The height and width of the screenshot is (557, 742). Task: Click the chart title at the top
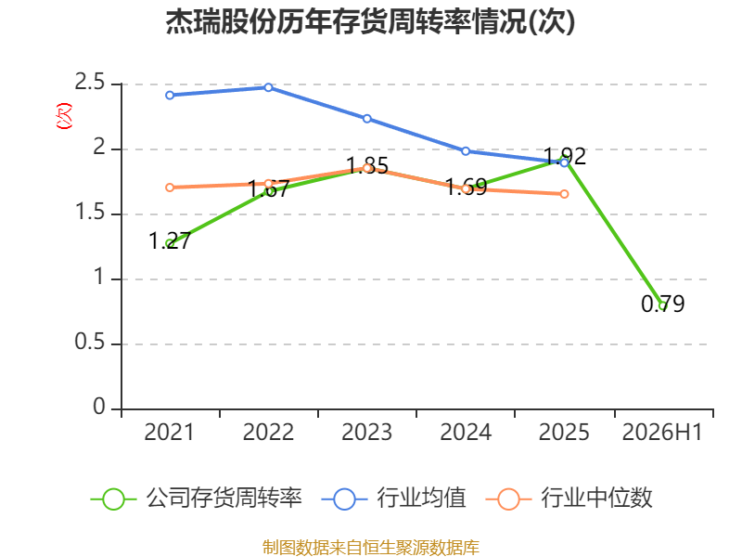(370, 21)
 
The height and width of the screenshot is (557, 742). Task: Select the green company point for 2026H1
(662, 306)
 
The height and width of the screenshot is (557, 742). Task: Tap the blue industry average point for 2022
(268, 87)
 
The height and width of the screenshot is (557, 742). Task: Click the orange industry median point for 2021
(170, 188)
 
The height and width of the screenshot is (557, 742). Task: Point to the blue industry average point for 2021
(170, 96)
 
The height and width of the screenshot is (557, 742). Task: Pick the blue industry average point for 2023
(367, 119)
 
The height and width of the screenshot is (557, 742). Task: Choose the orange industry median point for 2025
(564, 194)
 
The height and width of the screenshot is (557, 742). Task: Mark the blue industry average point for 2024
(466, 151)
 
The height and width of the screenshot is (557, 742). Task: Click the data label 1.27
(170, 240)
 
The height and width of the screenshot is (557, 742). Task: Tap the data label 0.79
(662, 304)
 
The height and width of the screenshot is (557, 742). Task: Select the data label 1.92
(565, 156)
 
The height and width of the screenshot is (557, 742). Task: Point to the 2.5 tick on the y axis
(89, 83)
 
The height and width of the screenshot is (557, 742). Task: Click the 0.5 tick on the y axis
(89, 342)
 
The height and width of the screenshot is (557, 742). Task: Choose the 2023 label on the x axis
(367, 432)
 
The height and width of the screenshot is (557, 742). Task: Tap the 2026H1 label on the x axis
(662, 432)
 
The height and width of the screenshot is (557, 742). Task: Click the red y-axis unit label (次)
(64, 116)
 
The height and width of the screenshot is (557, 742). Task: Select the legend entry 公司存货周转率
(197, 499)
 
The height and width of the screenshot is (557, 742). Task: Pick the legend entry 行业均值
(393, 499)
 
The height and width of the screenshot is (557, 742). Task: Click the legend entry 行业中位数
(569, 499)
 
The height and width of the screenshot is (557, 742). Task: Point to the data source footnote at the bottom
(371, 548)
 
